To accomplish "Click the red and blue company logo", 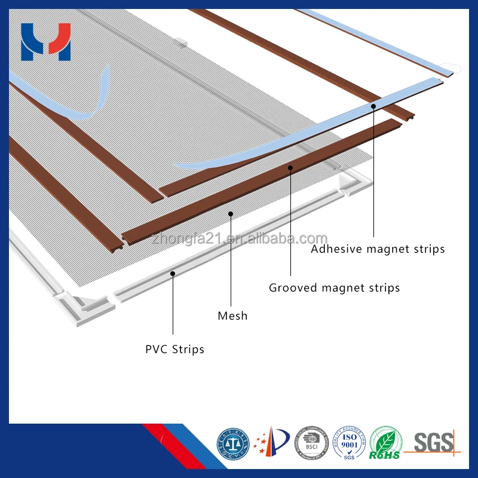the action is pyautogui.click(x=45, y=42).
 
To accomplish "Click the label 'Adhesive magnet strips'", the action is pyautogui.click(x=378, y=249).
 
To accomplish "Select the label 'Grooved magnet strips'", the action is pyautogui.click(x=334, y=288).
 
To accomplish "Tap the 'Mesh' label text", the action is pyautogui.click(x=232, y=315).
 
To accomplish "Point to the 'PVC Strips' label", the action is pyautogui.click(x=174, y=349).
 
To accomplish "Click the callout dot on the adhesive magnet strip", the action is pyautogui.click(x=373, y=106).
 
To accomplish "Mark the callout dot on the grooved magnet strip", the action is pyautogui.click(x=290, y=167).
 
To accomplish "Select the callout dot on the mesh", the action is pyautogui.click(x=231, y=213).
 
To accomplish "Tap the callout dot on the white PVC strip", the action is pyautogui.click(x=173, y=273).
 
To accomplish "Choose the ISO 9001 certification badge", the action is pyautogui.click(x=349, y=443).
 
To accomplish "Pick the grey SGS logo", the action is pyautogui.click(x=434, y=443).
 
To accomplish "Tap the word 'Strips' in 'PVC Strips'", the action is pyautogui.click(x=188, y=349).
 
